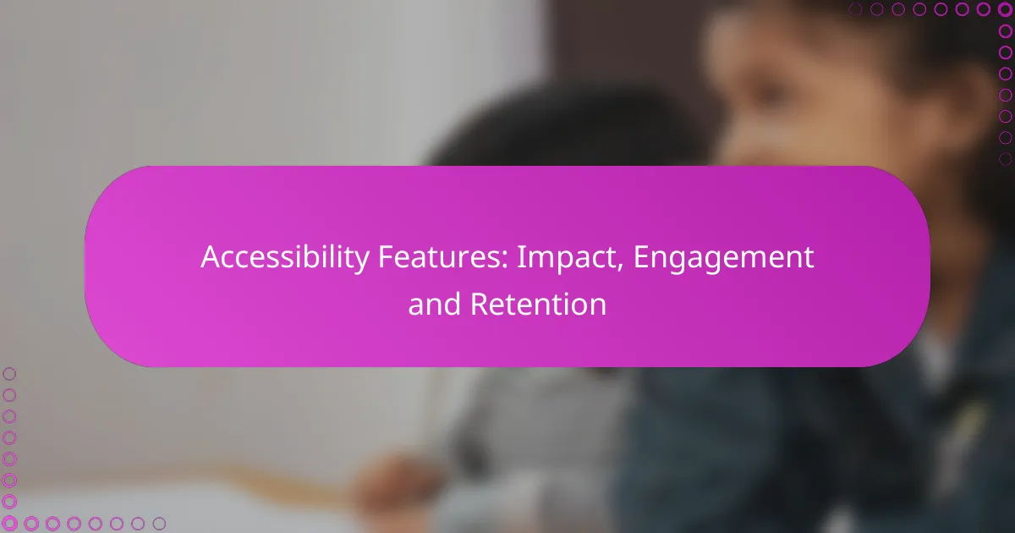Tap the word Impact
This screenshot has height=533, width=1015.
pos(570,257)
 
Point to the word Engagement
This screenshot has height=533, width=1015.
pos(723,257)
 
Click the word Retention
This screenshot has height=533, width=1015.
pos(538,304)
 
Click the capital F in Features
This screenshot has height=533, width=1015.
pos(386,257)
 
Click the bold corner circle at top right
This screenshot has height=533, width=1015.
pos(1005,9)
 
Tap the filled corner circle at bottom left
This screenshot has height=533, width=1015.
pos(9,523)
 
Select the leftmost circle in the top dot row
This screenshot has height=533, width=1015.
pos(855,9)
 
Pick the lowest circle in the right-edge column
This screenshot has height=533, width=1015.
pos(1005,159)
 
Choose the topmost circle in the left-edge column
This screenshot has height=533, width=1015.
pos(9,374)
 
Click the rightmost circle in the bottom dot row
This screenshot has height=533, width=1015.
pos(159,524)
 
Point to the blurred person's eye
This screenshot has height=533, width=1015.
pos(771,92)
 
